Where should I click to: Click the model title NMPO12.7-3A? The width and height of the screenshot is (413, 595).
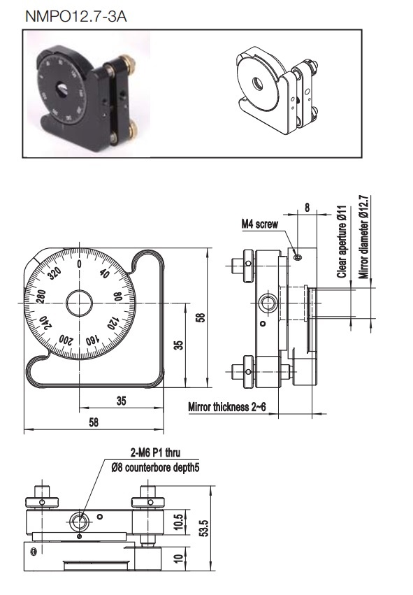[76, 16]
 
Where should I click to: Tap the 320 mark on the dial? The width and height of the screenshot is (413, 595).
[55, 273]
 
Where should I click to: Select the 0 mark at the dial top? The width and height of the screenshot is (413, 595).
[79, 264]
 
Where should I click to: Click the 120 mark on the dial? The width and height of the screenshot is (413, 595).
[113, 324]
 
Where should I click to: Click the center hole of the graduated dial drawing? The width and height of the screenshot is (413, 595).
[79, 303]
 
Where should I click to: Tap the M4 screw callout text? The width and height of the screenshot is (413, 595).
[260, 224]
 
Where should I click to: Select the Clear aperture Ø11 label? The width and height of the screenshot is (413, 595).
[342, 242]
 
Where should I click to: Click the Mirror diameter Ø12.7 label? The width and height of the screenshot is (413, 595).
[363, 237]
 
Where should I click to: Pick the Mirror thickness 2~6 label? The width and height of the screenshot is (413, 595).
[227, 407]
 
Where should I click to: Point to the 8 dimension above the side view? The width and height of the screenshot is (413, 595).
[307, 207]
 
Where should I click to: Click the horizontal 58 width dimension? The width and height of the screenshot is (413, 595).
[94, 422]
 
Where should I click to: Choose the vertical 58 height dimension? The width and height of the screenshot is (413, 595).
[201, 317]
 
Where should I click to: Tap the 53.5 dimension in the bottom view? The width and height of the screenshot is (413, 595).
[203, 528]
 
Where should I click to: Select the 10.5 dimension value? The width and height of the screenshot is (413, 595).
[178, 522]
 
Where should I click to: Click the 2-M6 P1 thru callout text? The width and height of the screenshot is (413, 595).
[156, 452]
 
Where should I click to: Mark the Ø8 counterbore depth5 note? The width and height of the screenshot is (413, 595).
[155, 468]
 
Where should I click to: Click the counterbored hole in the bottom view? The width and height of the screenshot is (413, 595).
[79, 522]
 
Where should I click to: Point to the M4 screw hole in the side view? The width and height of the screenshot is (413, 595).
[298, 258]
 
